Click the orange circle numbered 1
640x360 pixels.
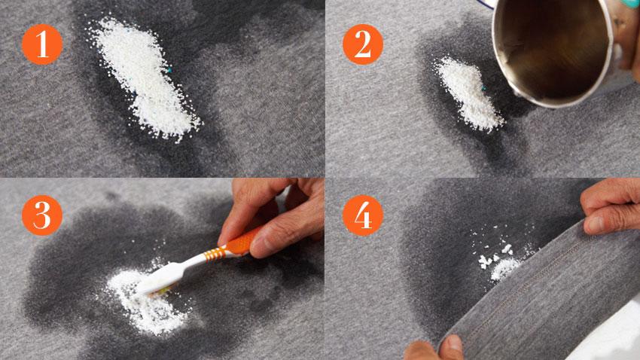click(x=42, y=44)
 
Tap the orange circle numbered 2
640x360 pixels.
click(x=362, y=44)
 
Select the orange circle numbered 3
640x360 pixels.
click(x=42, y=215)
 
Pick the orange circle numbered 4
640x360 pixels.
click(x=362, y=215)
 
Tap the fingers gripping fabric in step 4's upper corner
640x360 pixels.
click(x=610, y=208)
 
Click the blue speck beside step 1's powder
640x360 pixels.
click(x=169, y=71)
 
